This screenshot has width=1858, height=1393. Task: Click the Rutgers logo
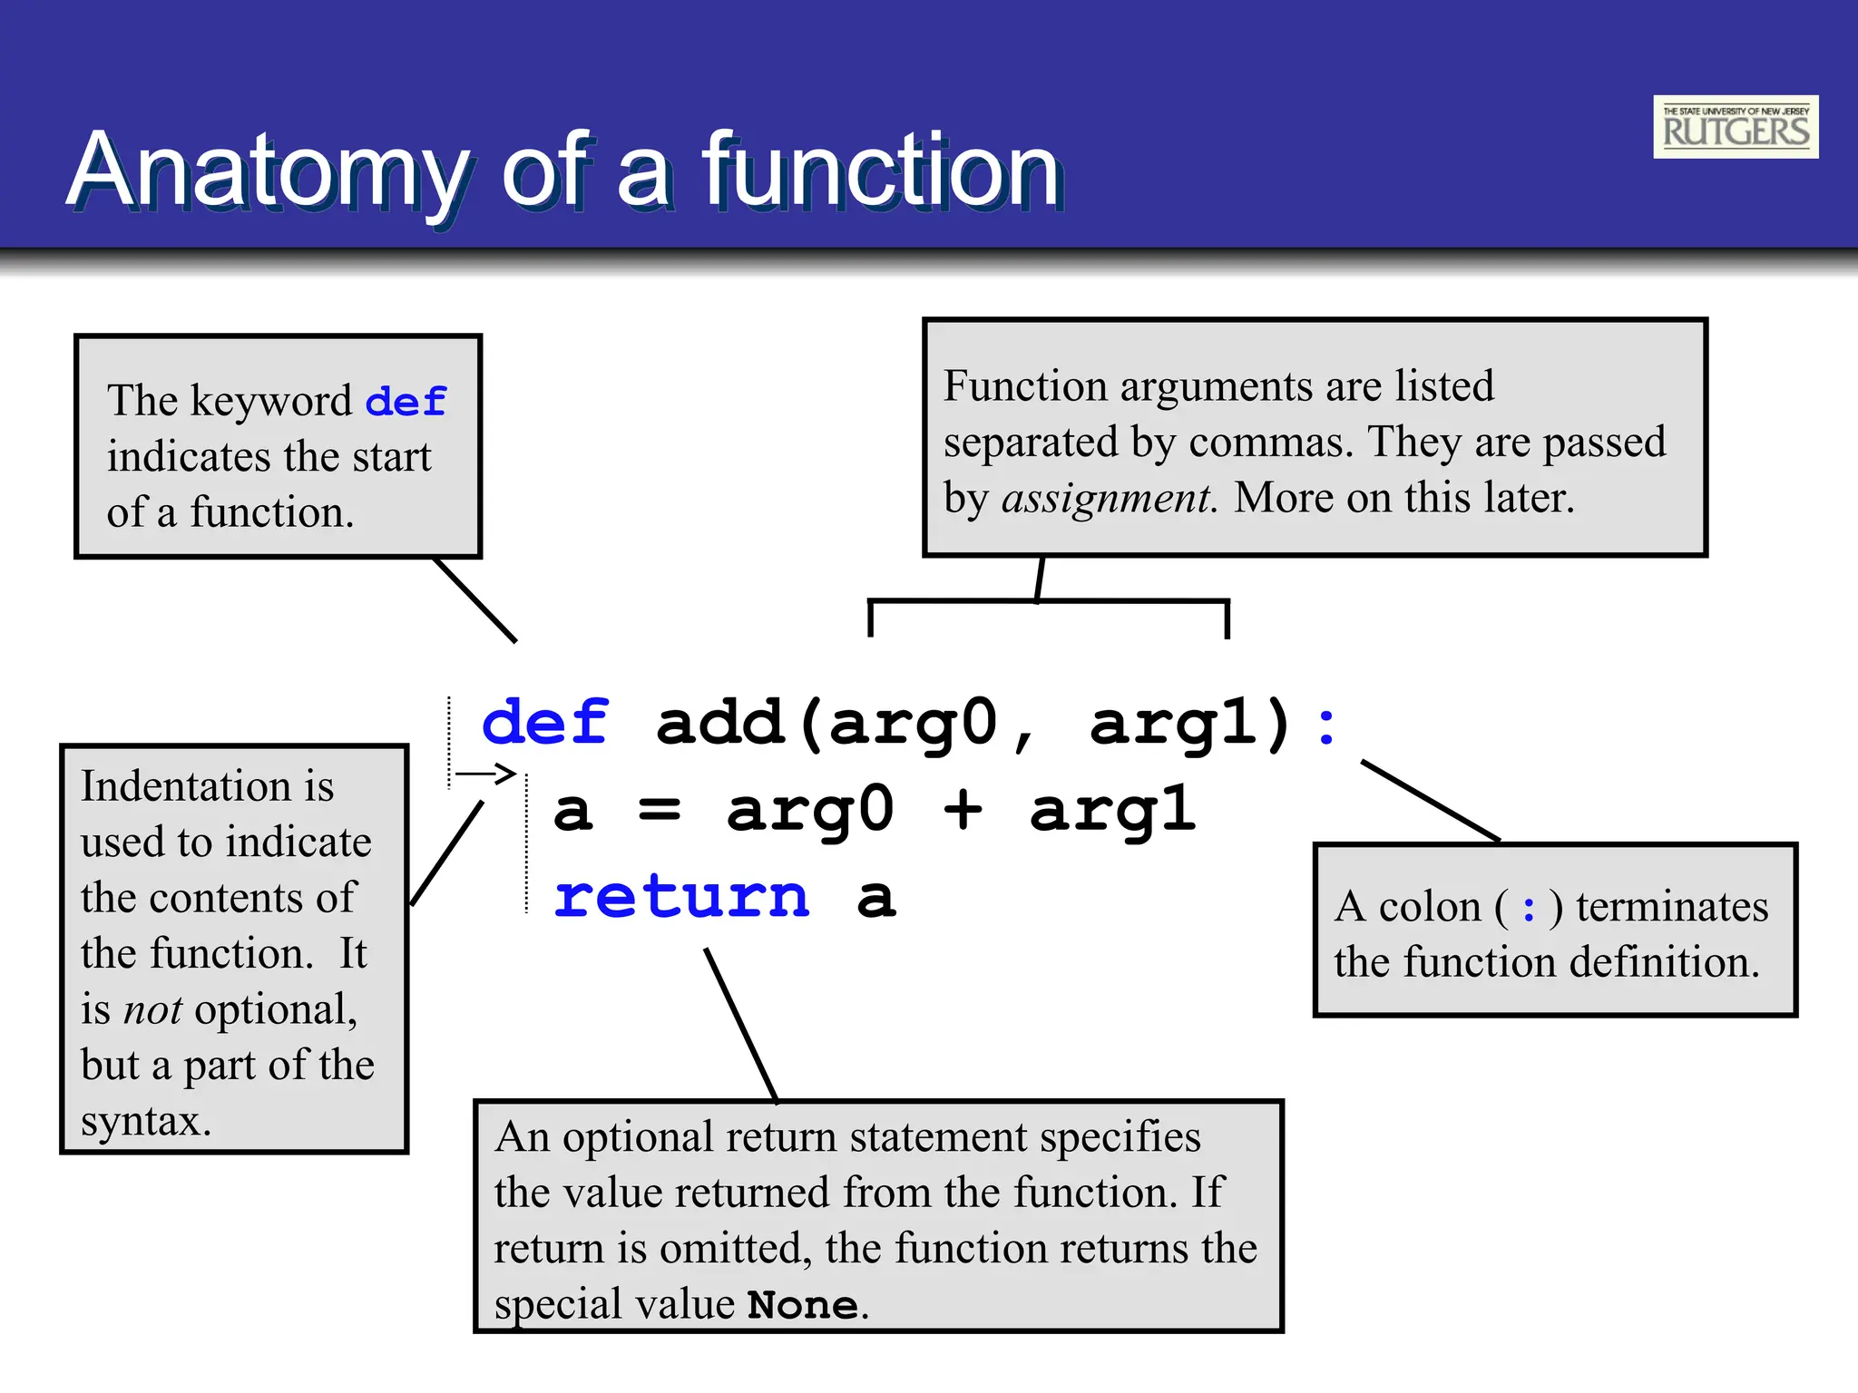coord(1735,127)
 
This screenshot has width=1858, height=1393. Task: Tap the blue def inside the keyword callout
coord(406,402)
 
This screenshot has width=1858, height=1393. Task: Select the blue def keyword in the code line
coord(544,724)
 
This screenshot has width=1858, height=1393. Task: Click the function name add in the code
coord(719,724)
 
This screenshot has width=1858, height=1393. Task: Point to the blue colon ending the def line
coord(1326,726)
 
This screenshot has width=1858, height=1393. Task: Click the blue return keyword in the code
coord(680,898)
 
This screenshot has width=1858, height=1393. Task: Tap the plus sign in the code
coord(963,809)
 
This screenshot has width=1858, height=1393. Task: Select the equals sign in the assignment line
coord(660,809)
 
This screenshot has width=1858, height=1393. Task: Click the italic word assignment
coord(1108,498)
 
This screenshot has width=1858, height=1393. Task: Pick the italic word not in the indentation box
coord(152,1009)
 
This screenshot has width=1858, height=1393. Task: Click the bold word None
coord(803,1305)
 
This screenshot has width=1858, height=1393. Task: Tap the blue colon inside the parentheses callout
coord(1530,908)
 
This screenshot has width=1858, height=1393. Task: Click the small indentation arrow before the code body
coord(485,774)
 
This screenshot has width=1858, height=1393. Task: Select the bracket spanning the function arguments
coord(1048,601)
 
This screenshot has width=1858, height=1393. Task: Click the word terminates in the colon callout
coord(1671,907)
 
